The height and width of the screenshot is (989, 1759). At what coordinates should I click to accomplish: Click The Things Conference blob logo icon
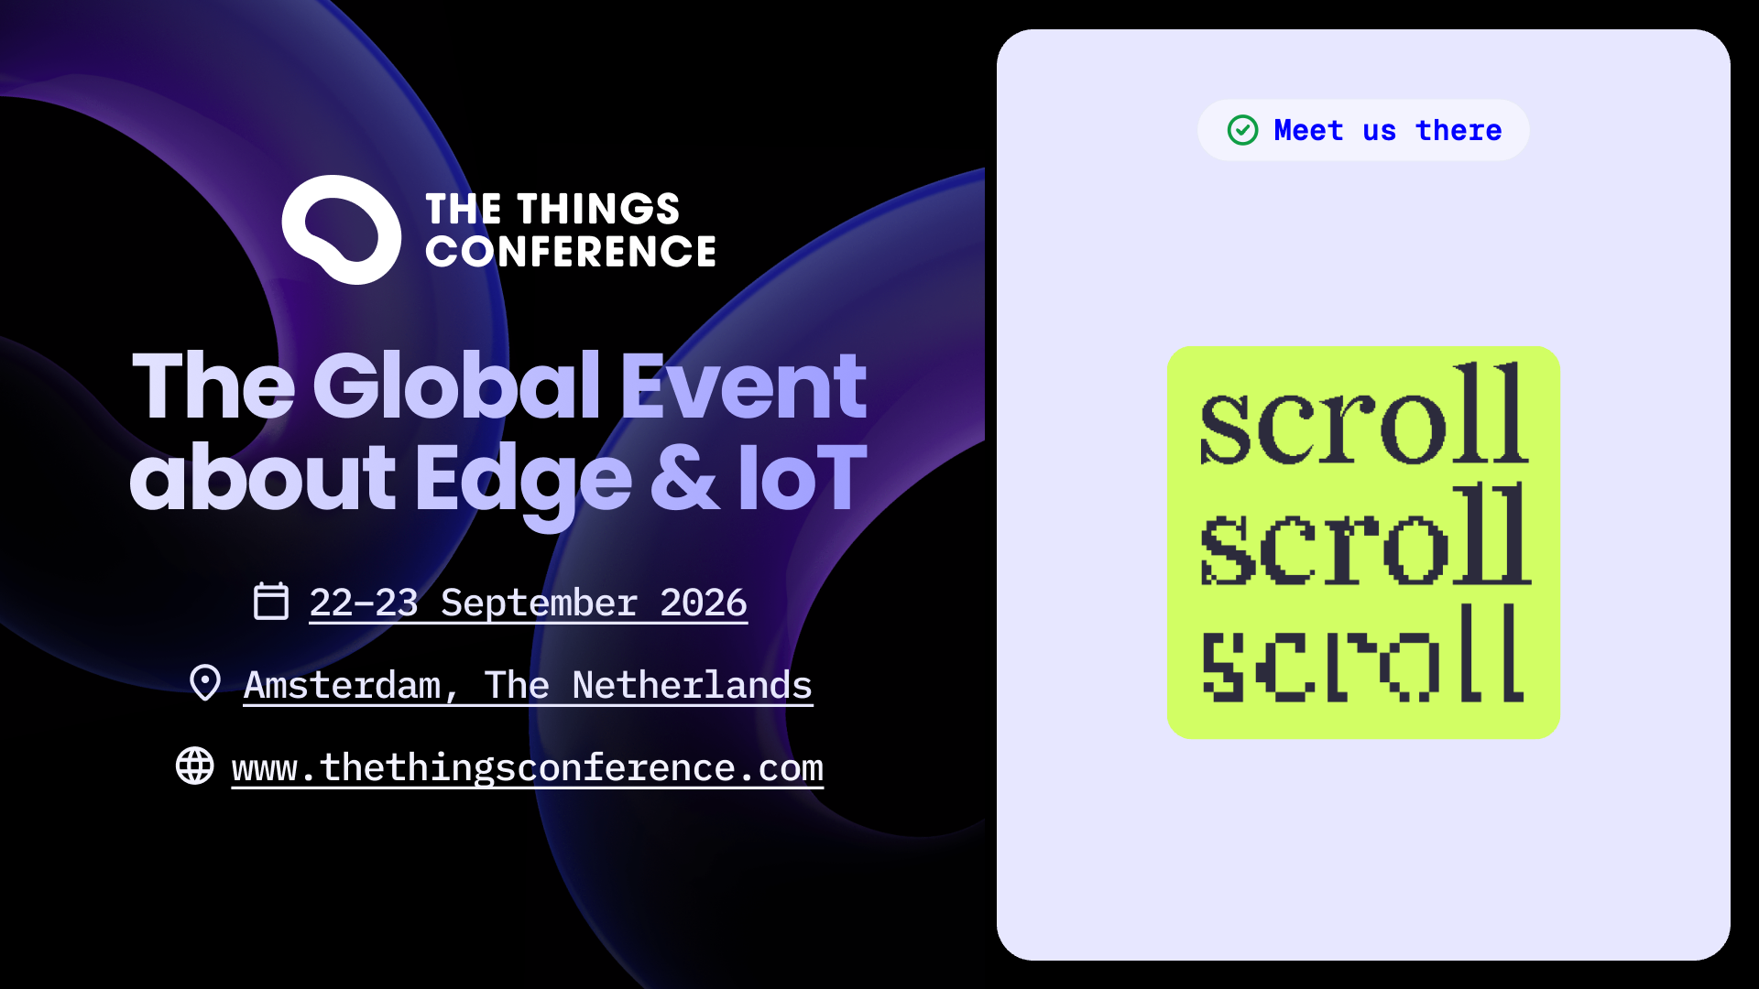341,229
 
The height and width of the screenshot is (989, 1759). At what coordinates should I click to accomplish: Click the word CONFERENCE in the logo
571,252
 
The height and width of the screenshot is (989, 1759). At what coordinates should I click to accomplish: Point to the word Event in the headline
744,386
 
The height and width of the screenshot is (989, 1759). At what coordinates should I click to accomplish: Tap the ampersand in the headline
684,477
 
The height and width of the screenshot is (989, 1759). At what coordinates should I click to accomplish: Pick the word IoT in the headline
803,477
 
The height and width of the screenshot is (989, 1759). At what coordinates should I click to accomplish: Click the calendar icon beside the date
271,601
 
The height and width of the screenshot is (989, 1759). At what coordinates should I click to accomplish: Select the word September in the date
539,603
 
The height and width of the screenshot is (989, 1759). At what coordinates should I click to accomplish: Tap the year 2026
704,603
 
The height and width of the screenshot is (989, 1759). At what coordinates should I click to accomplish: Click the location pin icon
205,683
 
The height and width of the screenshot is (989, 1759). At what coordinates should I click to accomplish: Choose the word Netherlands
692,685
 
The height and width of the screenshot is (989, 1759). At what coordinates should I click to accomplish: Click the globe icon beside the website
195,766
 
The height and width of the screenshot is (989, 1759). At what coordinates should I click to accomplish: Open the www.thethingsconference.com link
528,767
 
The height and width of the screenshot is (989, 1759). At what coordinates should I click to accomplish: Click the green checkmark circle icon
1243,130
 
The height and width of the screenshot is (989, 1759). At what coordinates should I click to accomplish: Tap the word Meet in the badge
1308,130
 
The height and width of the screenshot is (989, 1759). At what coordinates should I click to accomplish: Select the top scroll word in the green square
1364,414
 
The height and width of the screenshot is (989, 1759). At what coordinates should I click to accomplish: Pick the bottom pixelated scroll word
1363,653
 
